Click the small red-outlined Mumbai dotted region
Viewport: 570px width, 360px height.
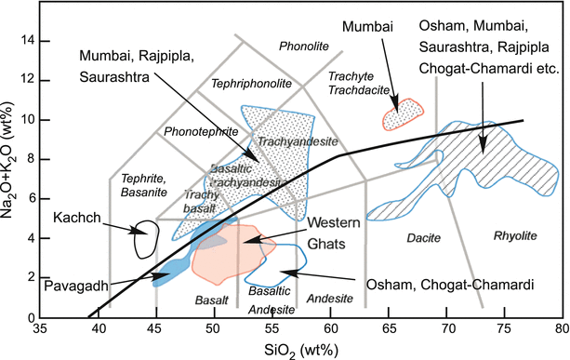404,113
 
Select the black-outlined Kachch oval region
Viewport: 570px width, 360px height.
144,239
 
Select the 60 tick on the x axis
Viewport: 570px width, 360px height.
330,328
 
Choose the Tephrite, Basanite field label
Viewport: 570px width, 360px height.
143,184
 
